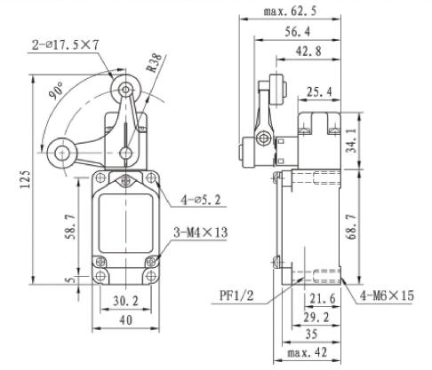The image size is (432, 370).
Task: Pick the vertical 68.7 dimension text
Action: pos(353,222)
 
